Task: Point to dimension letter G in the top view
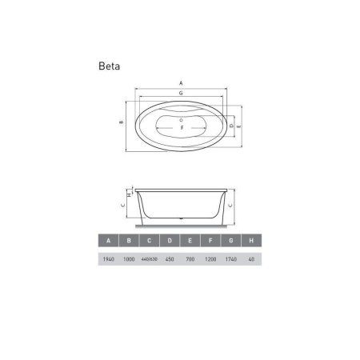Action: [x=182, y=94]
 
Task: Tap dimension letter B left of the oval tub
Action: [x=119, y=122]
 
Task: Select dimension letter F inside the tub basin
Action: [x=182, y=127]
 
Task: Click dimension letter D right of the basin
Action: [x=230, y=125]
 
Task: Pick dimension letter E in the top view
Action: [x=240, y=126]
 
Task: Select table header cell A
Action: [x=106, y=241]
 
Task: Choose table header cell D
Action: [x=169, y=241]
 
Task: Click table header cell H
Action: [x=252, y=241]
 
